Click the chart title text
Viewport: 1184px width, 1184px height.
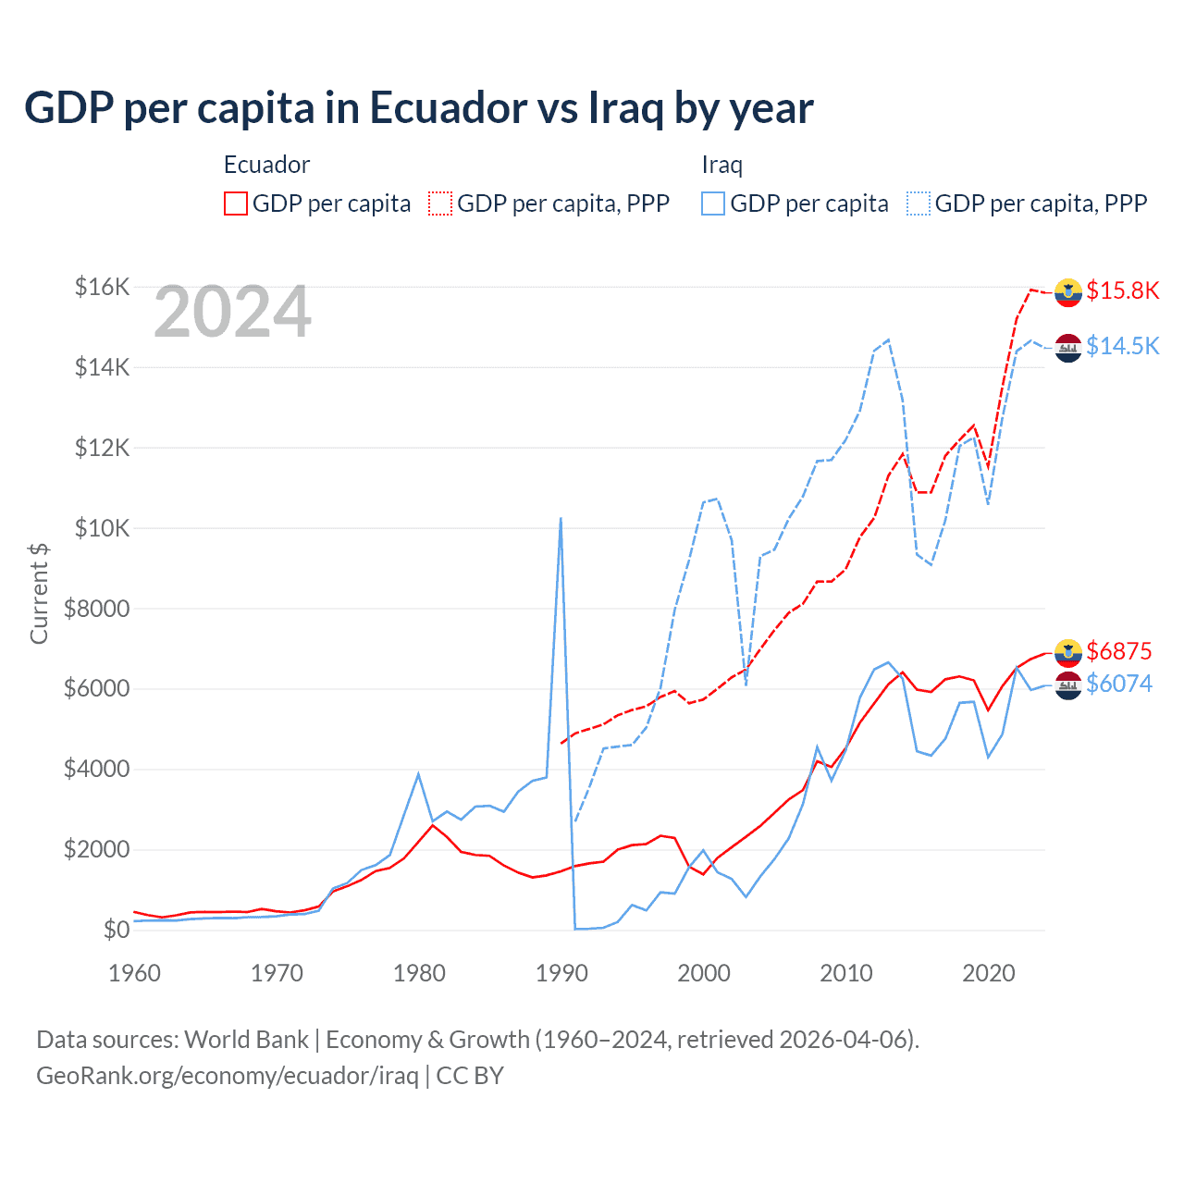(418, 108)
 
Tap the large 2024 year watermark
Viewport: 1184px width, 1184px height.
(232, 313)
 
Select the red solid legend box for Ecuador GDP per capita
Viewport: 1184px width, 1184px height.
(236, 203)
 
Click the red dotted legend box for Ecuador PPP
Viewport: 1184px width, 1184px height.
(440, 203)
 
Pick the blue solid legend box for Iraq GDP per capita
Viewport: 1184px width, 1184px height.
(713, 203)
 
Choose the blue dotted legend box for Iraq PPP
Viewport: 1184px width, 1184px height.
(919, 203)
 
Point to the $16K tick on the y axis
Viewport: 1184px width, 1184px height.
(102, 287)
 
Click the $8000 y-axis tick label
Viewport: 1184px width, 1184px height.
(96, 609)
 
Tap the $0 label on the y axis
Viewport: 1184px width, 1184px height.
(116, 930)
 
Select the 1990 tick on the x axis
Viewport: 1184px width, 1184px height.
(561, 973)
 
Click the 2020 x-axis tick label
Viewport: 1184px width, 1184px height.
(988, 973)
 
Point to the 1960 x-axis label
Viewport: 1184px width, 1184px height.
(135, 973)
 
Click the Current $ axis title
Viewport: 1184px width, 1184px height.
(39, 593)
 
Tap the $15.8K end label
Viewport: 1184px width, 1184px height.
(1122, 290)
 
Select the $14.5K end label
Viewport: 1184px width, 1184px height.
(1122, 346)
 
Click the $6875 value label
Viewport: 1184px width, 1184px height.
(1118, 651)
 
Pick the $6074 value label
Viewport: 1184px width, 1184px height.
(1118, 684)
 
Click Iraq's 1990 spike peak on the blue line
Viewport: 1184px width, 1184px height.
(561, 519)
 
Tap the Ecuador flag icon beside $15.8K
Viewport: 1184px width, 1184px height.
(1068, 291)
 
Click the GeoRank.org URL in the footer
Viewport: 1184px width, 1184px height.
(227, 1076)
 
